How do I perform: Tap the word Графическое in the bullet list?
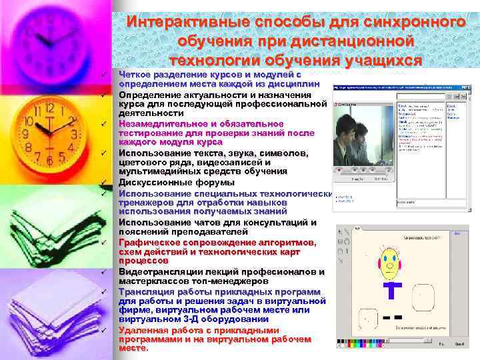[150, 242]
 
